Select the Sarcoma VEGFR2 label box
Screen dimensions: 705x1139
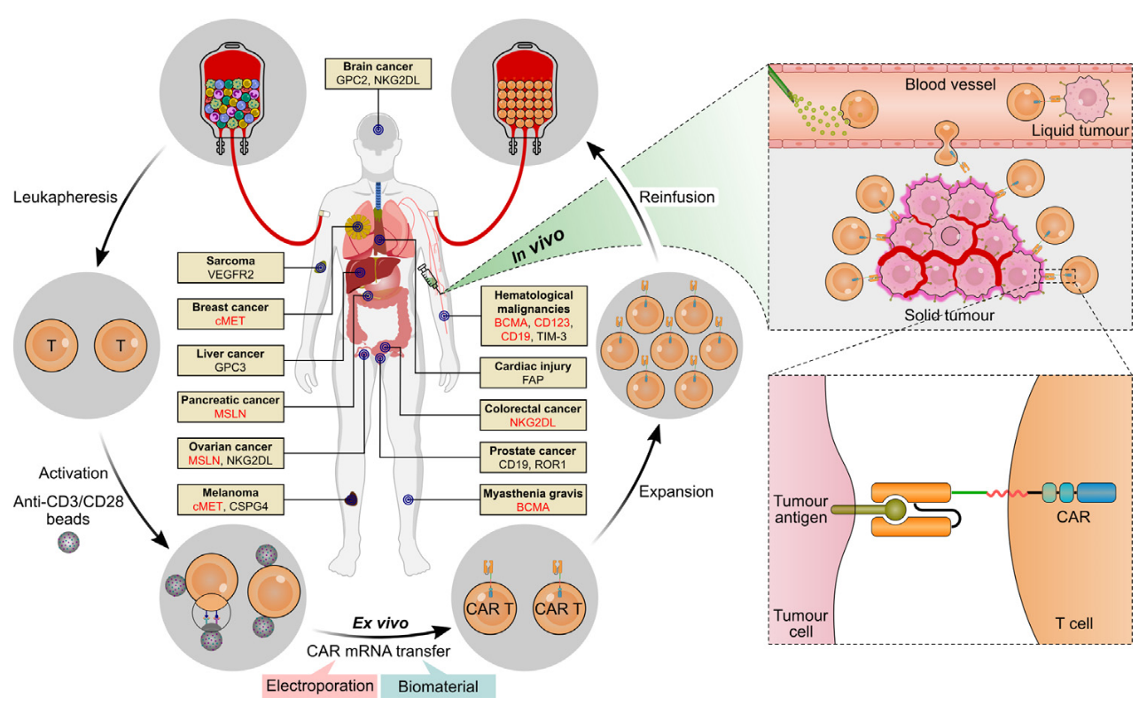point(230,268)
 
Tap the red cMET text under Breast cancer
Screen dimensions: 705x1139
point(230,321)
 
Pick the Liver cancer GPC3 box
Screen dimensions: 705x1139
point(230,359)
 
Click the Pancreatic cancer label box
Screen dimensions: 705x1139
point(230,407)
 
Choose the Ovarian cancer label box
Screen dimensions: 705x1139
point(230,453)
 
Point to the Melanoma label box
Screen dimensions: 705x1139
point(230,499)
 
